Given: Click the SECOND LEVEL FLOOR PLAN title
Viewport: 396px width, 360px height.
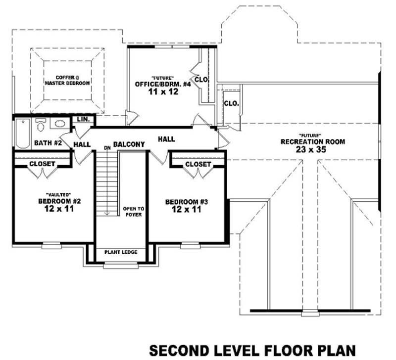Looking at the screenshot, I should pos(252,350).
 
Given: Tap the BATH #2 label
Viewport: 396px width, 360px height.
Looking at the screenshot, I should pos(48,143).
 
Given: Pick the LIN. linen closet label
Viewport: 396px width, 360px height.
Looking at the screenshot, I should pos(82,120).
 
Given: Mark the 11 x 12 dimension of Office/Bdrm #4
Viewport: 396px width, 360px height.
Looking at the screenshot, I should pos(163,92).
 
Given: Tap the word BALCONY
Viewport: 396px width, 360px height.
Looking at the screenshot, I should pos(129,144).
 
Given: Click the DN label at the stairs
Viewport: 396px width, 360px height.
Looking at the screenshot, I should pos(106,148).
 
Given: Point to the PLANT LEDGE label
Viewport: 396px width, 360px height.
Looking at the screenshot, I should pos(121,252).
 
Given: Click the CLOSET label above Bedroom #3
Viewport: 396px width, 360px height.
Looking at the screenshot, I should pos(198,164).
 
